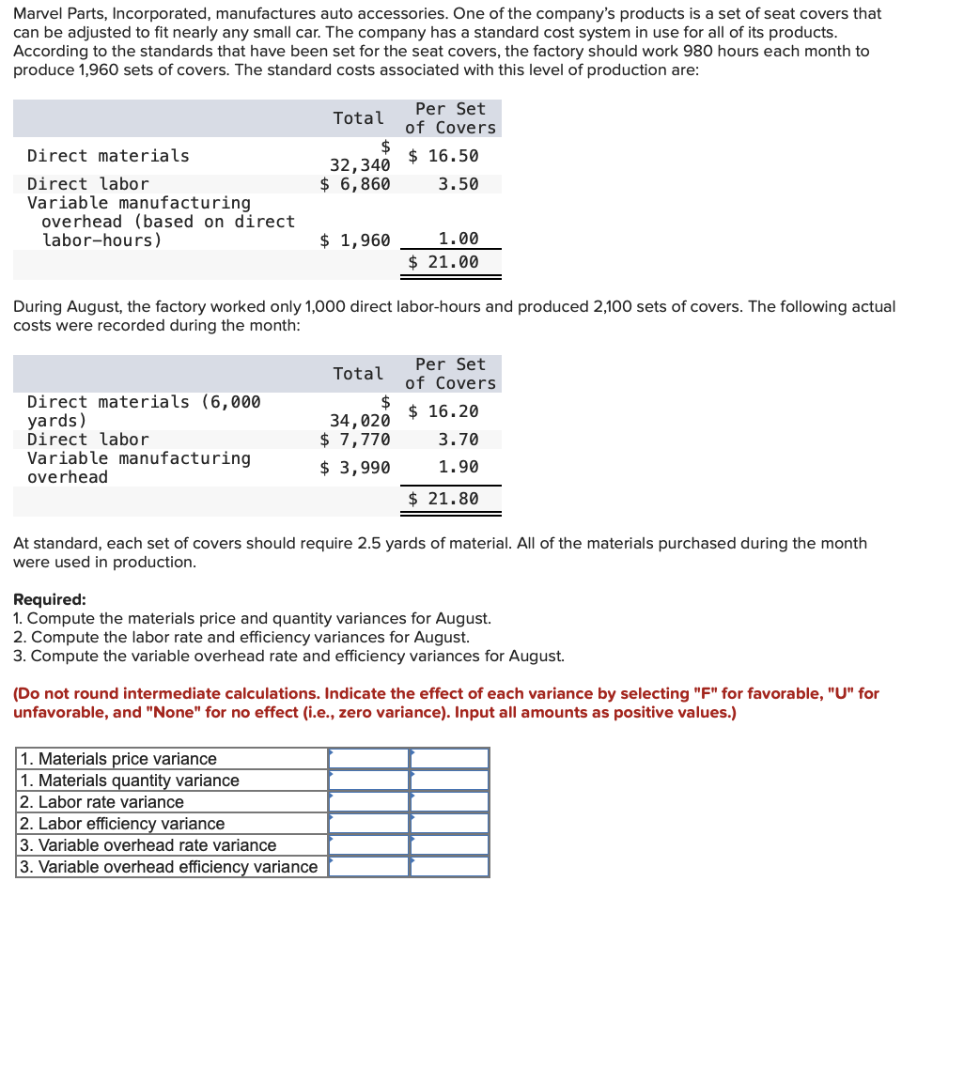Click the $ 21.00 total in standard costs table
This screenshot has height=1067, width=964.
(443, 262)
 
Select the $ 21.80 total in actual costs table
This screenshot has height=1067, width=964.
(443, 499)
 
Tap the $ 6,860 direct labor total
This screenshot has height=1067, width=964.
(355, 184)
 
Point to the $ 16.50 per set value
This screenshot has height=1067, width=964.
(443, 156)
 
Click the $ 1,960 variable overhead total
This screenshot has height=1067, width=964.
(355, 240)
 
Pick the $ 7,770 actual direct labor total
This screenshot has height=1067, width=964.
(355, 440)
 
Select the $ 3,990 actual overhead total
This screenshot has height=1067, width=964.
(355, 468)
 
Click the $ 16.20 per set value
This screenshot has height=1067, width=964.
(443, 411)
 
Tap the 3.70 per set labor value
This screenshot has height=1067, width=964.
(459, 440)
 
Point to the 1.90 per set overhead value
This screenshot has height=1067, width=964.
(459, 467)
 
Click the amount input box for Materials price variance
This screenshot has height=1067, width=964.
(368, 758)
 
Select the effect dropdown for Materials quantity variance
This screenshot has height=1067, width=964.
(449, 780)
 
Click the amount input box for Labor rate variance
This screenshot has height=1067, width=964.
(368, 801)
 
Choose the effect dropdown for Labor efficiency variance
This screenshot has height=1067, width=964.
(449, 823)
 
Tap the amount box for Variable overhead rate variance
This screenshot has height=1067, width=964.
(368, 844)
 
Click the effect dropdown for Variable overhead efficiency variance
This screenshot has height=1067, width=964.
(449, 866)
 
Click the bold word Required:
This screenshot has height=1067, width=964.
(50, 599)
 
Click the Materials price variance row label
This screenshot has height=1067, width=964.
(118, 759)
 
